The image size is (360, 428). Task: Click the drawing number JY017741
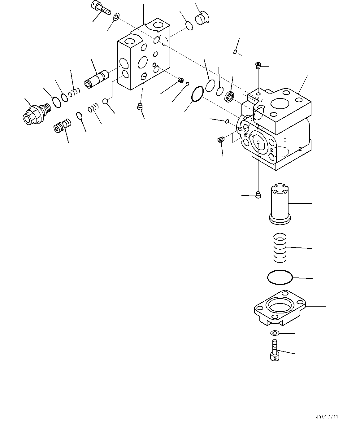[x=327, y=417]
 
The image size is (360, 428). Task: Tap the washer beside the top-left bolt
[x=116, y=16]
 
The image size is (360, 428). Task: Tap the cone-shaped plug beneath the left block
[x=140, y=107]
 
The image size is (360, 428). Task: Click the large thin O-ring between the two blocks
[x=197, y=94]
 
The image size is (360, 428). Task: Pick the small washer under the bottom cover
[x=274, y=333]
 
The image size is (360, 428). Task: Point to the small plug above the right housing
[x=258, y=65]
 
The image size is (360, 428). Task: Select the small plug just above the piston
[x=258, y=195]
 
